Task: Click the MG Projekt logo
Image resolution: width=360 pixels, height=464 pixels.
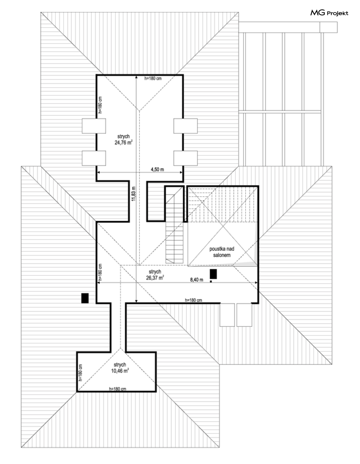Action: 329,13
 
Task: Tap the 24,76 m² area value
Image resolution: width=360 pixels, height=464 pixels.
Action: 124,142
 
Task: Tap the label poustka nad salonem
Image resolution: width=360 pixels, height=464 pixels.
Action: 222,252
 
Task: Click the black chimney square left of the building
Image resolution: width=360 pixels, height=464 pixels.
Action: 85,298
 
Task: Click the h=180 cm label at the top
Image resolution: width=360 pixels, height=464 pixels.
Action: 153,78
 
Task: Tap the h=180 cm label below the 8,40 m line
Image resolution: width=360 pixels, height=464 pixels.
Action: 193,300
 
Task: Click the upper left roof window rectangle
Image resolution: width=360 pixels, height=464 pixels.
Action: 94,126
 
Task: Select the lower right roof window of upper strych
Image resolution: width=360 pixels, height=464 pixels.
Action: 186,158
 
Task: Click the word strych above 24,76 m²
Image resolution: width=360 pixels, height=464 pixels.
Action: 124,136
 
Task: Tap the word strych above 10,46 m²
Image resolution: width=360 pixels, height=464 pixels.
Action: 119,364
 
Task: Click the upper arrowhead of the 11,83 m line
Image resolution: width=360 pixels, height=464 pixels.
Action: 136,77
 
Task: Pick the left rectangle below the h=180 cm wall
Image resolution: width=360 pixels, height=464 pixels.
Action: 228,315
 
